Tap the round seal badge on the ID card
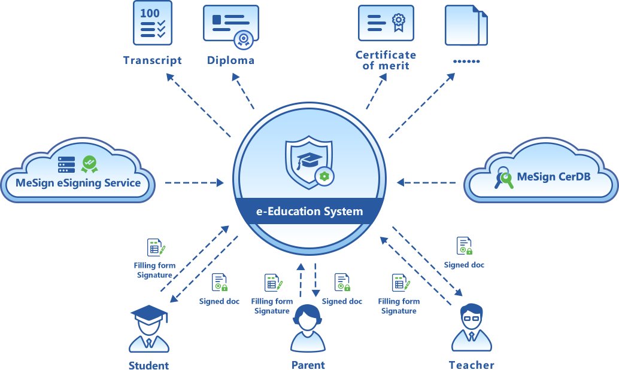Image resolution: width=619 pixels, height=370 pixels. pos(243,40)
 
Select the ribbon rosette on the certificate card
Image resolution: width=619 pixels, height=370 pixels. pos(398,22)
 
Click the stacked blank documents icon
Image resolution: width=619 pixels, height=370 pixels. pos(466,26)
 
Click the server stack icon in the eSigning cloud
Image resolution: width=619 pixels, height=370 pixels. pos(66,164)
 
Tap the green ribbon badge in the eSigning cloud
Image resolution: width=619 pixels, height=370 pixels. pos(90,164)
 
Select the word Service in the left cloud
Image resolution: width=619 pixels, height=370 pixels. pos(122,183)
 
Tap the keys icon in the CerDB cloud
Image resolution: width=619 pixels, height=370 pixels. pos(503,178)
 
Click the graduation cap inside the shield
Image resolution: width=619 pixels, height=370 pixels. pos(309,160)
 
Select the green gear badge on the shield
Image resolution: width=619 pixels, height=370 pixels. pos(324,176)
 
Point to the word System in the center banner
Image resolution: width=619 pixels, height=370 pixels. pos(342,211)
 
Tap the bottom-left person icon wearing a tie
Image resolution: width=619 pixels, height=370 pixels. pos(149,344)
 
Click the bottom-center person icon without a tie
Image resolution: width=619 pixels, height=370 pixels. pos(308,342)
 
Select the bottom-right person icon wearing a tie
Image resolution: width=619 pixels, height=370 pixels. pos(472,341)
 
